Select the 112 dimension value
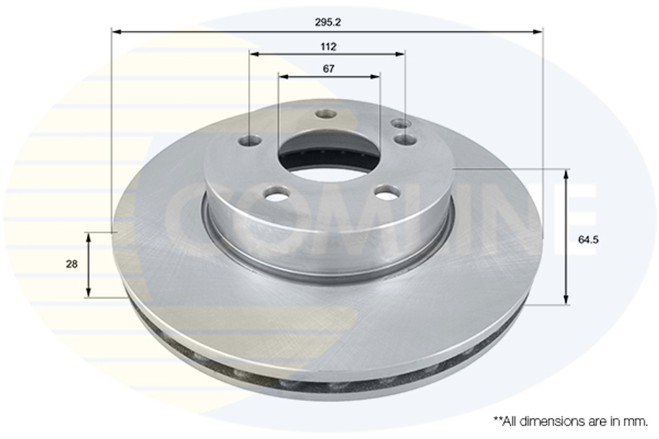pyautogui.click(x=329, y=46)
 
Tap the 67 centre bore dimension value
pyautogui.click(x=329, y=68)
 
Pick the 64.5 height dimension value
pyautogui.click(x=588, y=240)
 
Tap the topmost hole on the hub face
pyautogui.click(x=326, y=114)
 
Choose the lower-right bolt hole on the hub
pyautogui.click(x=387, y=192)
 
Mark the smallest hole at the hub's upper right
pyautogui.click(x=401, y=124)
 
